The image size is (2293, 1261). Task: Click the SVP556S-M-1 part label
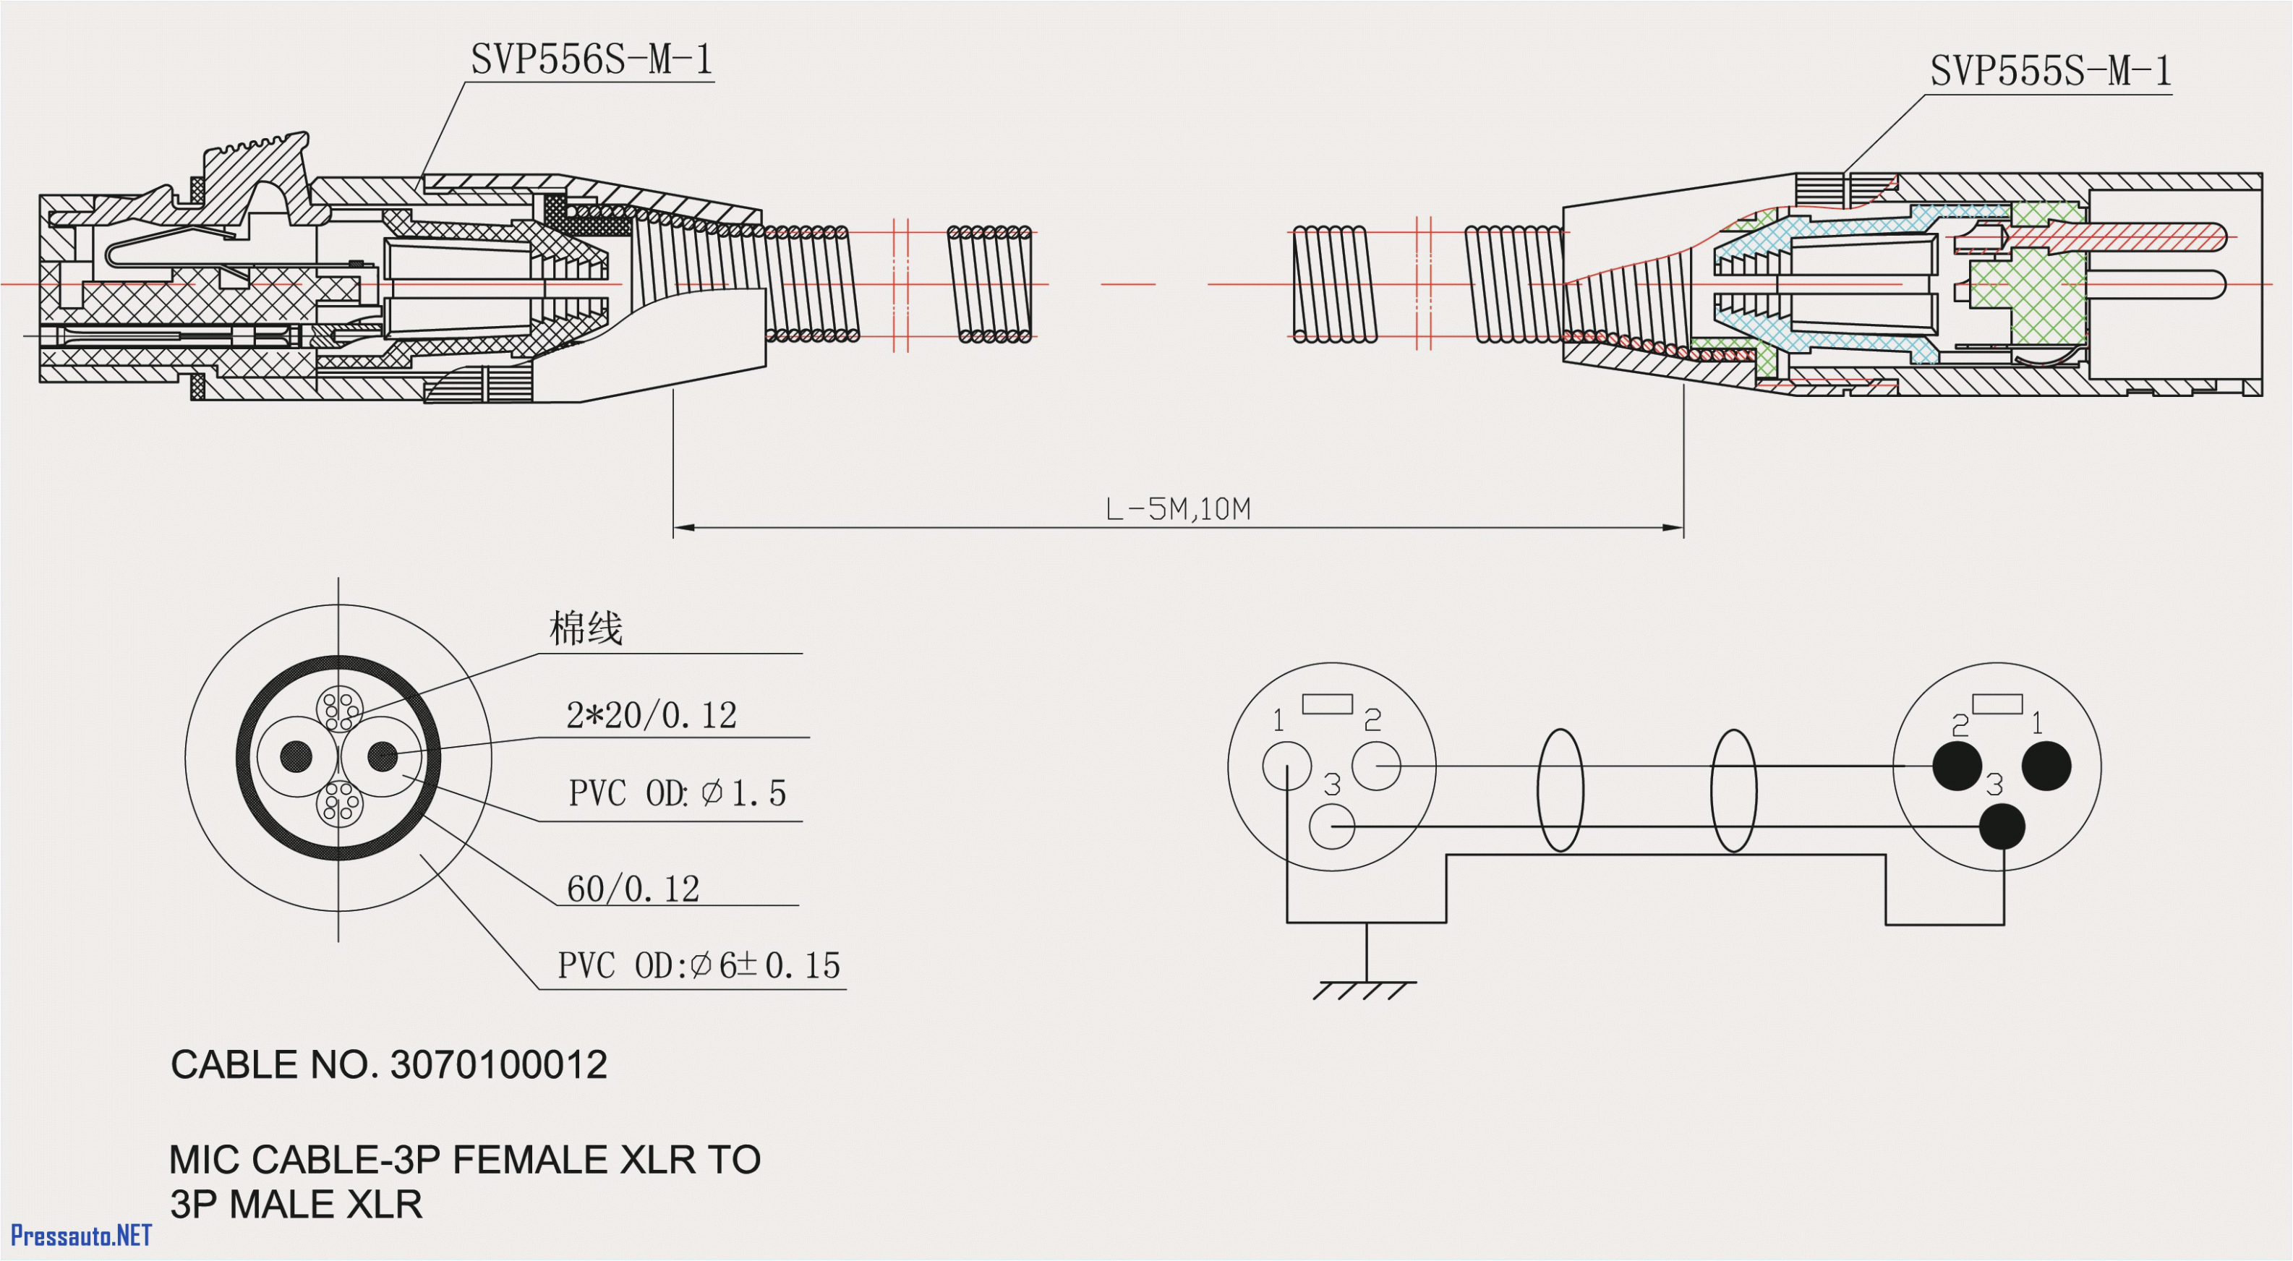point(591,61)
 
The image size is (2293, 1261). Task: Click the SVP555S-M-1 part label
point(2050,71)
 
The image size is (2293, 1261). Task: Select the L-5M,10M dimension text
point(1177,510)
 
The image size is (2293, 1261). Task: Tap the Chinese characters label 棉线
point(586,629)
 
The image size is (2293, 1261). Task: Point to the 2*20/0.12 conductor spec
point(652,716)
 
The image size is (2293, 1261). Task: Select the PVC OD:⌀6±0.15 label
point(699,965)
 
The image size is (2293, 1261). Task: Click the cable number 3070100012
point(498,1065)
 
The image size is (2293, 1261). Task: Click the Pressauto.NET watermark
point(81,1235)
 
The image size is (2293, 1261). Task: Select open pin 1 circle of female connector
point(1286,765)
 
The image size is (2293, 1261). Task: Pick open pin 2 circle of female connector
point(1375,765)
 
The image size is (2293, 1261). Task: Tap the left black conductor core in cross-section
point(296,757)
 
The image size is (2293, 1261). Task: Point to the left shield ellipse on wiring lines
point(1560,790)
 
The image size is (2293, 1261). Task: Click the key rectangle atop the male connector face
point(1997,704)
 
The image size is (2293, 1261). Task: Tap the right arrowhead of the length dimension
point(1673,528)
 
